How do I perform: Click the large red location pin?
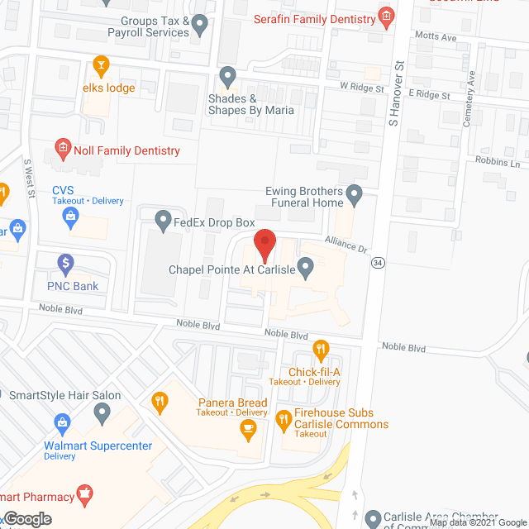pyautogui.click(x=264, y=244)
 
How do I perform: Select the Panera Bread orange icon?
pyautogui.click(x=160, y=403)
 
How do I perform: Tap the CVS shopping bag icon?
pyautogui.click(x=71, y=217)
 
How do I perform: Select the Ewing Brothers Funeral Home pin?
pyautogui.click(x=355, y=196)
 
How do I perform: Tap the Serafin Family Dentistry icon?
pyautogui.click(x=385, y=17)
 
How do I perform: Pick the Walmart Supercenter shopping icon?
pyautogui.click(x=61, y=425)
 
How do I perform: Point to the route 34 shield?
pyautogui.click(x=378, y=263)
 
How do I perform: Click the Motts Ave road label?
pyautogui.click(x=436, y=37)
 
